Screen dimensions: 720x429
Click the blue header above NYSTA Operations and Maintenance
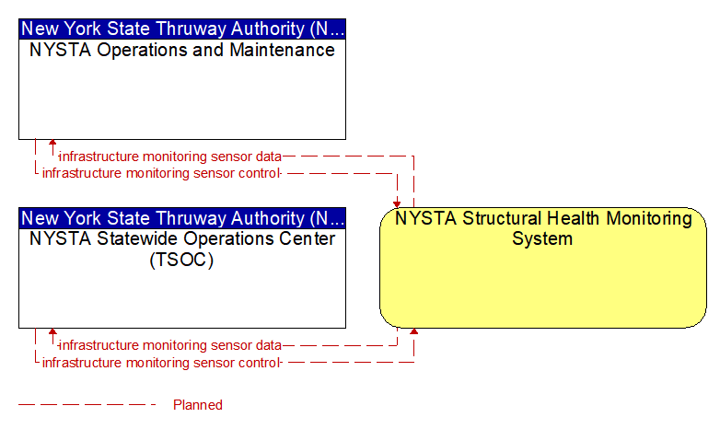tap(182, 29)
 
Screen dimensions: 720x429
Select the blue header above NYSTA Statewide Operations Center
tap(182, 218)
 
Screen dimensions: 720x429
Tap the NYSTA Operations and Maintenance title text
tap(182, 50)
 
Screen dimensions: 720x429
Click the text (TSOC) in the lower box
tap(181, 260)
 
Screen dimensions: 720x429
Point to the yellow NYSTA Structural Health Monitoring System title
tap(543, 228)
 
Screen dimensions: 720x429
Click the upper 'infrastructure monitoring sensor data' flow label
tap(170, 157)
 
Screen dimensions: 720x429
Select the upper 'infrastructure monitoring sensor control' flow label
tap(161, 173)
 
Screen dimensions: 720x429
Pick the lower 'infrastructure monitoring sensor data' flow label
tap(170, 345)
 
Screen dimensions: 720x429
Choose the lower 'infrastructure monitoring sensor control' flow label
tap(161, 363)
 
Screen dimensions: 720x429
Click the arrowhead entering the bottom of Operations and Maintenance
tap(52, 143)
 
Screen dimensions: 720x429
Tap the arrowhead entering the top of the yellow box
tap(397, 204)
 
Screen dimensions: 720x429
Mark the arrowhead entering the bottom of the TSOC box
tap(52, 331)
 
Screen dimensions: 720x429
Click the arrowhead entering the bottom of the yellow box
tap(413, 331)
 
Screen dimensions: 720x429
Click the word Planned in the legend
tap(197, 405)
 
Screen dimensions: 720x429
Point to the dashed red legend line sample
tap(87, 405)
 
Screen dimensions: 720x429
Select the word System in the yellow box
tap(542, 238)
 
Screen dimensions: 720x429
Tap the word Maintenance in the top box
tap(282, 50)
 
